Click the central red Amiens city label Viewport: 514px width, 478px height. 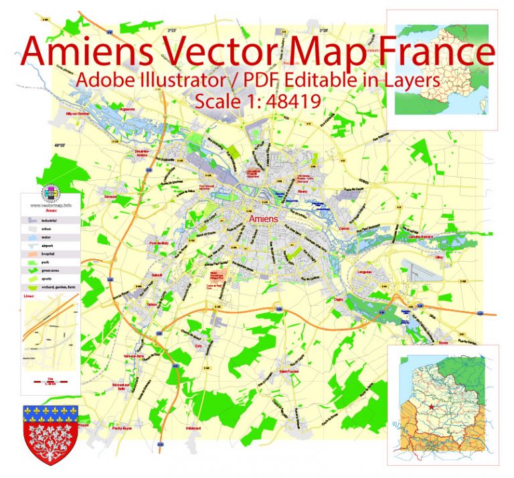(x=262, y=219)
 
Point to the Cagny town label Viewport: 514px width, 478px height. (x=339, y=299)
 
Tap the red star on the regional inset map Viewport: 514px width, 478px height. (x=432, y=406)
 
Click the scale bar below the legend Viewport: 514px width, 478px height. (x=51, y=380)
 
